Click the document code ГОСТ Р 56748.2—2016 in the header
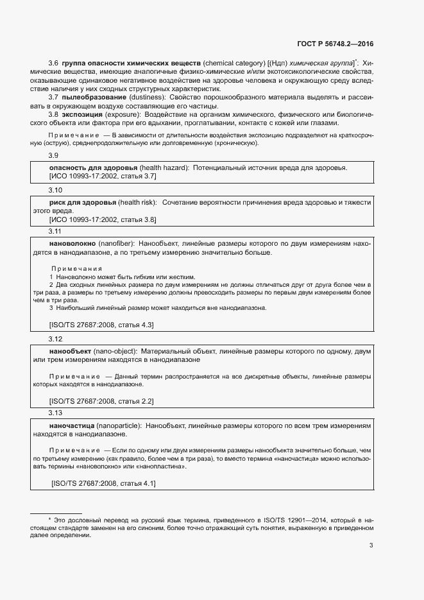tap(335, 44)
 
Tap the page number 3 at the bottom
tap(371, 546)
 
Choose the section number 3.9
tap(54, 156)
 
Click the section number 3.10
tap(56, 191)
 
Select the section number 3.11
tap(56, 231)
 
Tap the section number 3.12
tap(56, 339)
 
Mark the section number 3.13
tap(56, 413)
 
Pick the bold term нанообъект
tap(71, 352)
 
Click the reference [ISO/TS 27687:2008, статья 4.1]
tap(103, 483)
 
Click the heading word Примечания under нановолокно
tap(76, 268)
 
